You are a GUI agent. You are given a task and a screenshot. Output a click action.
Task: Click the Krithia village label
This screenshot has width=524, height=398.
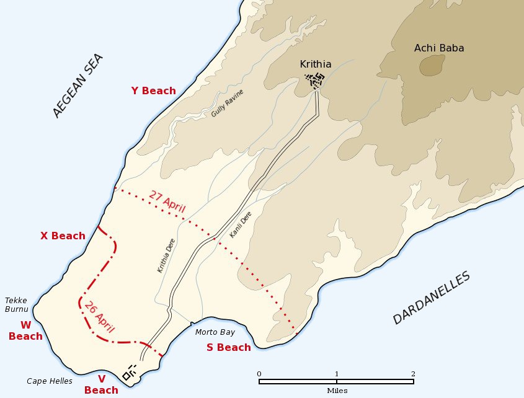316,64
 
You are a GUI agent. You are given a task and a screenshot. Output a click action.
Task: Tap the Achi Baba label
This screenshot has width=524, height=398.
439,48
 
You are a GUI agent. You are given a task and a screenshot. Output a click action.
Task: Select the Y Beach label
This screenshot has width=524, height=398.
153,91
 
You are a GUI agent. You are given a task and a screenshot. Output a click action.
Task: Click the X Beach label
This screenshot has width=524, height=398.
63,236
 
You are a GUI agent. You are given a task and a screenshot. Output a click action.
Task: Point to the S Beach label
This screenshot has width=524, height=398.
229,347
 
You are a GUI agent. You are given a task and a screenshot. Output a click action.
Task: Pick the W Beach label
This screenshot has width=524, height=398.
25,330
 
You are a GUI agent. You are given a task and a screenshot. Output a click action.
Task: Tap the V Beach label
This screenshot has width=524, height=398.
101,384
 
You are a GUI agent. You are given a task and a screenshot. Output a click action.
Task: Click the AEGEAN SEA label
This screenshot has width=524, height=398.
78,86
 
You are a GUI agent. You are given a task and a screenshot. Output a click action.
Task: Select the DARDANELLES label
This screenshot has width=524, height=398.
432,298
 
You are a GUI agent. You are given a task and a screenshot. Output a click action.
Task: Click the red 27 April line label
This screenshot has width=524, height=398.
167,203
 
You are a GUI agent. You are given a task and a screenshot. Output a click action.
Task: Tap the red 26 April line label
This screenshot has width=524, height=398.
99,316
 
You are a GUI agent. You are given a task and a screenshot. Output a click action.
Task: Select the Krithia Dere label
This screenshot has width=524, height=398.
166,255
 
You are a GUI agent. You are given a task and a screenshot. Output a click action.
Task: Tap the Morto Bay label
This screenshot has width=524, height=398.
215,332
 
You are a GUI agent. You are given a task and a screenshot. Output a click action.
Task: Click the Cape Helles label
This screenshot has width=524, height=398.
50,381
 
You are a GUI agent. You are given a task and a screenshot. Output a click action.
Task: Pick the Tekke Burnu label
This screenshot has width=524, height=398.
17,304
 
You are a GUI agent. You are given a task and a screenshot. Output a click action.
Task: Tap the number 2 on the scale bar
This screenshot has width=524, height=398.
412,373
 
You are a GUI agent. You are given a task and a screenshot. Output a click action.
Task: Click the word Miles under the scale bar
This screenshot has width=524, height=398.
337,391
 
